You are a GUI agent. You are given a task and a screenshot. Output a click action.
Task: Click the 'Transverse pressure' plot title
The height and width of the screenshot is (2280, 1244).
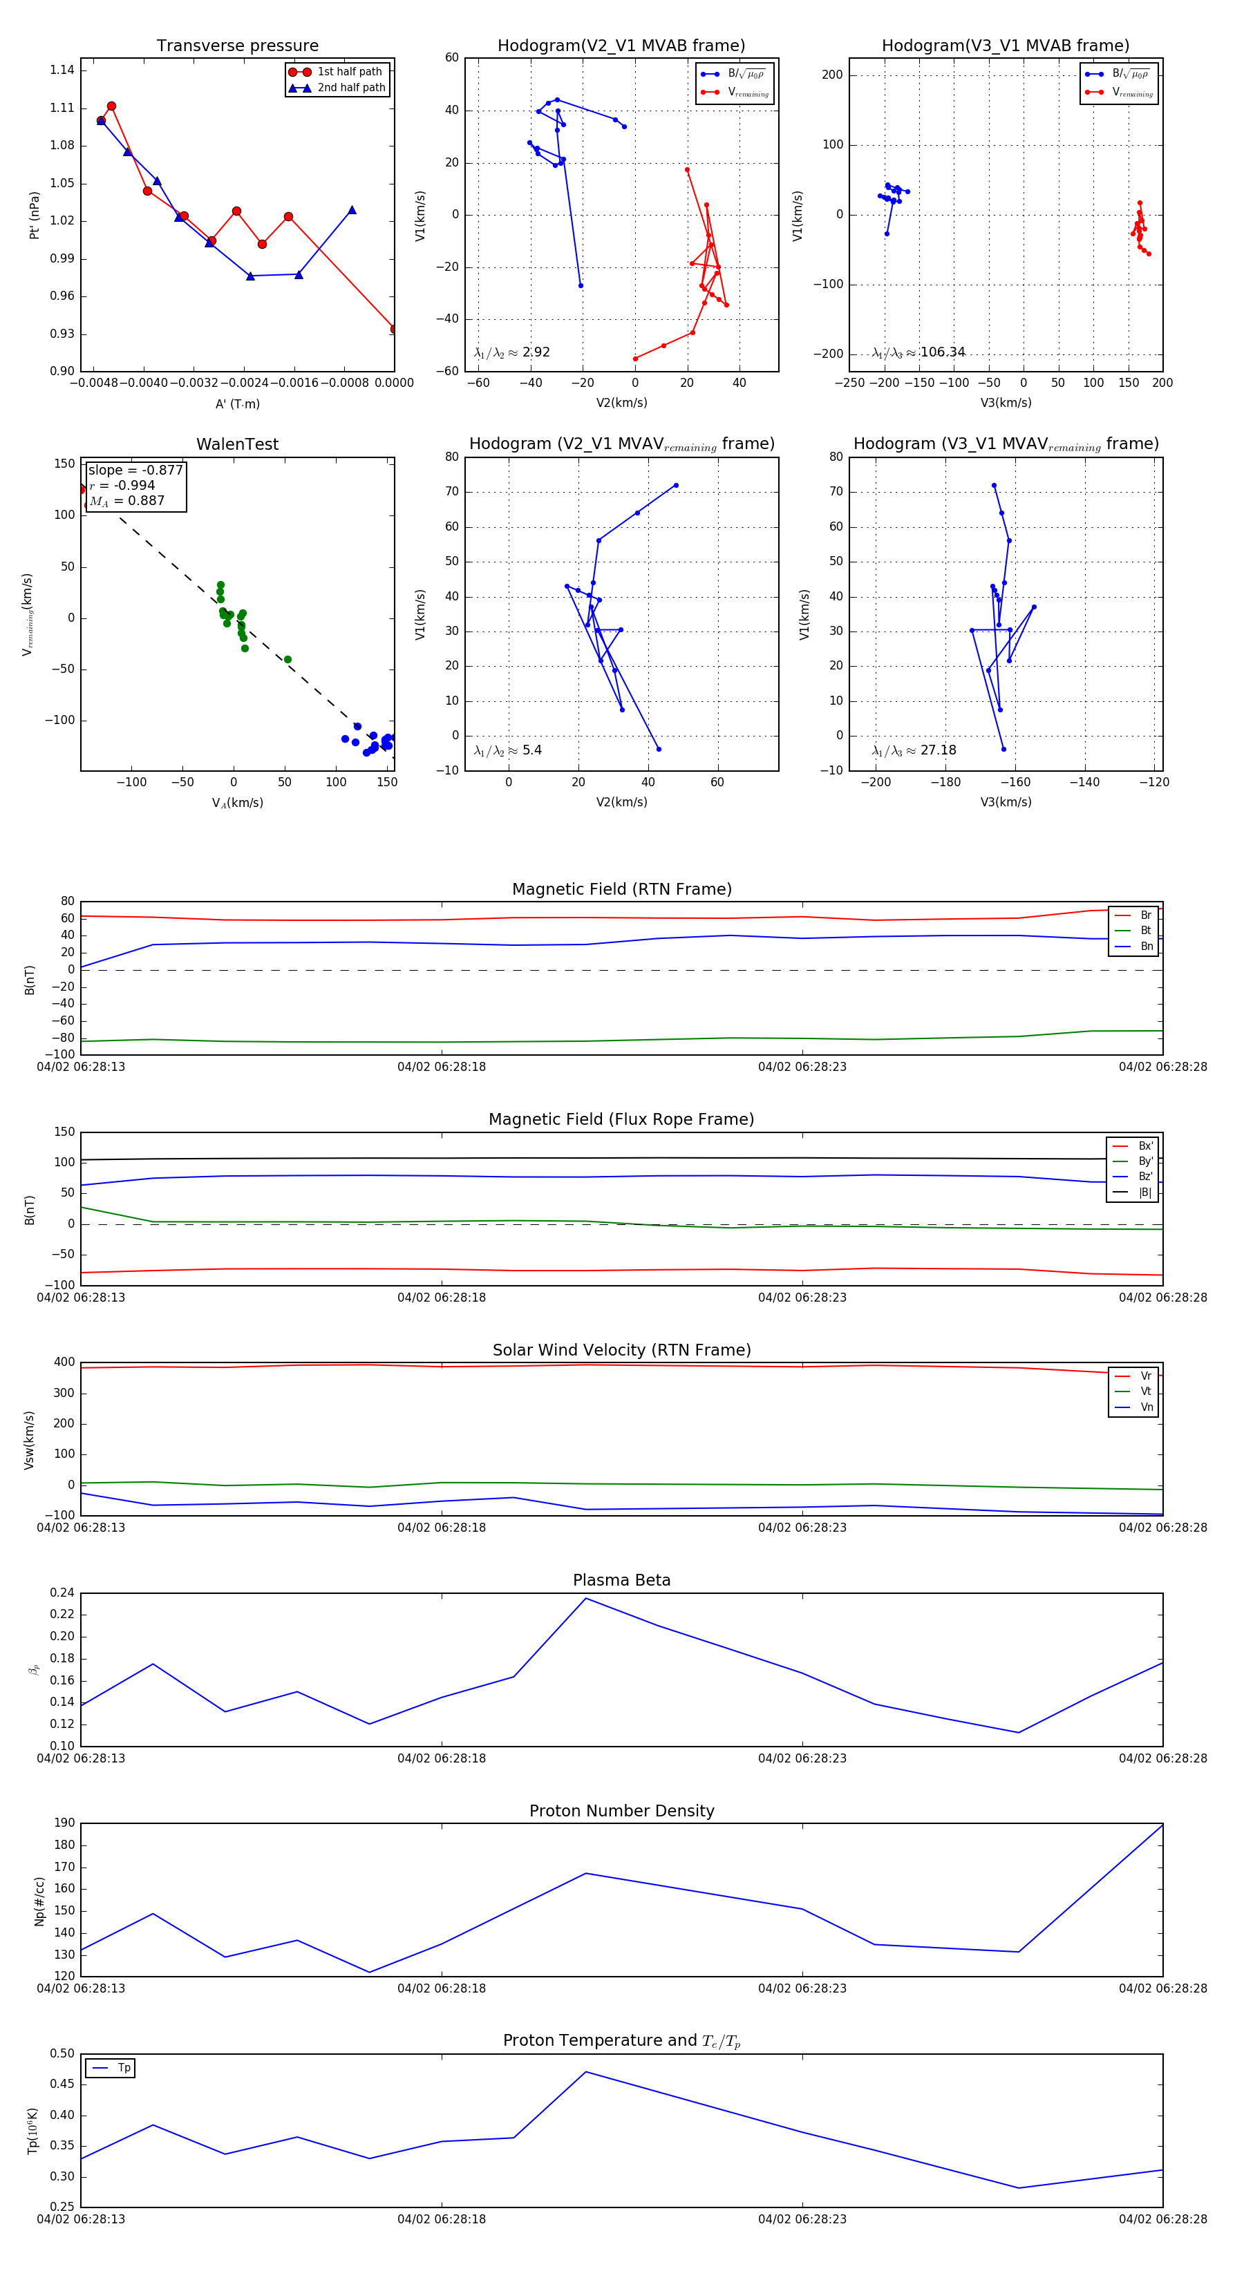point(237,46)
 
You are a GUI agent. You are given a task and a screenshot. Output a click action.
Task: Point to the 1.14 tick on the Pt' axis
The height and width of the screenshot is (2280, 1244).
point(62,70)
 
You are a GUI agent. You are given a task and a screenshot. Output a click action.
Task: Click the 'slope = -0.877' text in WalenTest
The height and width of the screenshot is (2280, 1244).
point(135,470)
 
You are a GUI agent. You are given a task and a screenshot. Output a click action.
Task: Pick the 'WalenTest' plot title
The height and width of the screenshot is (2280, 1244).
point(237,444)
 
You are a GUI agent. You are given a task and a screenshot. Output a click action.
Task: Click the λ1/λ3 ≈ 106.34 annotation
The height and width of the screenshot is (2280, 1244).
point(918,352)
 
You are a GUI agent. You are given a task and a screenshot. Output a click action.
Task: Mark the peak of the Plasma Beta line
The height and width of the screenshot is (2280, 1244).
point(585,1597)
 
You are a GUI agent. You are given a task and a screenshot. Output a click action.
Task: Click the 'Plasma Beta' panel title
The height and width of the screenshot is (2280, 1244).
point(621,1580)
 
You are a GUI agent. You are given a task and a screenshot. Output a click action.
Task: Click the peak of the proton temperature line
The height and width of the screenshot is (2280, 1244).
point(585,2071)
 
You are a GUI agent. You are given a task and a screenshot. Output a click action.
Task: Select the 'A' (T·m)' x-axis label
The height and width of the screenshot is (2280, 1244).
point(237,403)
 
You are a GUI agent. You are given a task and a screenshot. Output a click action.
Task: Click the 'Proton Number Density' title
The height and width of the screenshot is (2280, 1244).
point(621,1810)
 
